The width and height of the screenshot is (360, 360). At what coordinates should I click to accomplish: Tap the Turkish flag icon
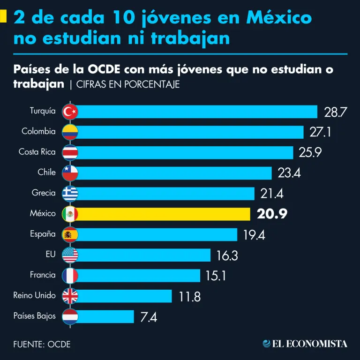70,112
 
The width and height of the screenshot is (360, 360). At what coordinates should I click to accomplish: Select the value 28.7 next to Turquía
335,112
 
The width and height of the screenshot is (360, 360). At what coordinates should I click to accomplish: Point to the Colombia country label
38,132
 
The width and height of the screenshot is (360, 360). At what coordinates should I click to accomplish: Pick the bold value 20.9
272,214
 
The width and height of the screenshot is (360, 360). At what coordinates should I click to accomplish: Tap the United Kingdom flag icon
70,296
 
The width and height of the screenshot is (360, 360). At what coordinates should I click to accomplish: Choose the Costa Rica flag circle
70,152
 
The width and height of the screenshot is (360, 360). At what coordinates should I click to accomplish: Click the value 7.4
149,317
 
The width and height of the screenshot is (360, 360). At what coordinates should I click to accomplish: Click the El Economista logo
305,344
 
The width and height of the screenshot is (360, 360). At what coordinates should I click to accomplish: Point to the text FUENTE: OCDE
42,344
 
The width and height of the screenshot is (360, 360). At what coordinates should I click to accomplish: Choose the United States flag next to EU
70,255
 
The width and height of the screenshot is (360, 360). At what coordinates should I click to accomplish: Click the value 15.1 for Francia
216,276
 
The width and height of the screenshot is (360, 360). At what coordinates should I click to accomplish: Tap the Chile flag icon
70,173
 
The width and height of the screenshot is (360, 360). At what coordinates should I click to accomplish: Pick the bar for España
157,234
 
